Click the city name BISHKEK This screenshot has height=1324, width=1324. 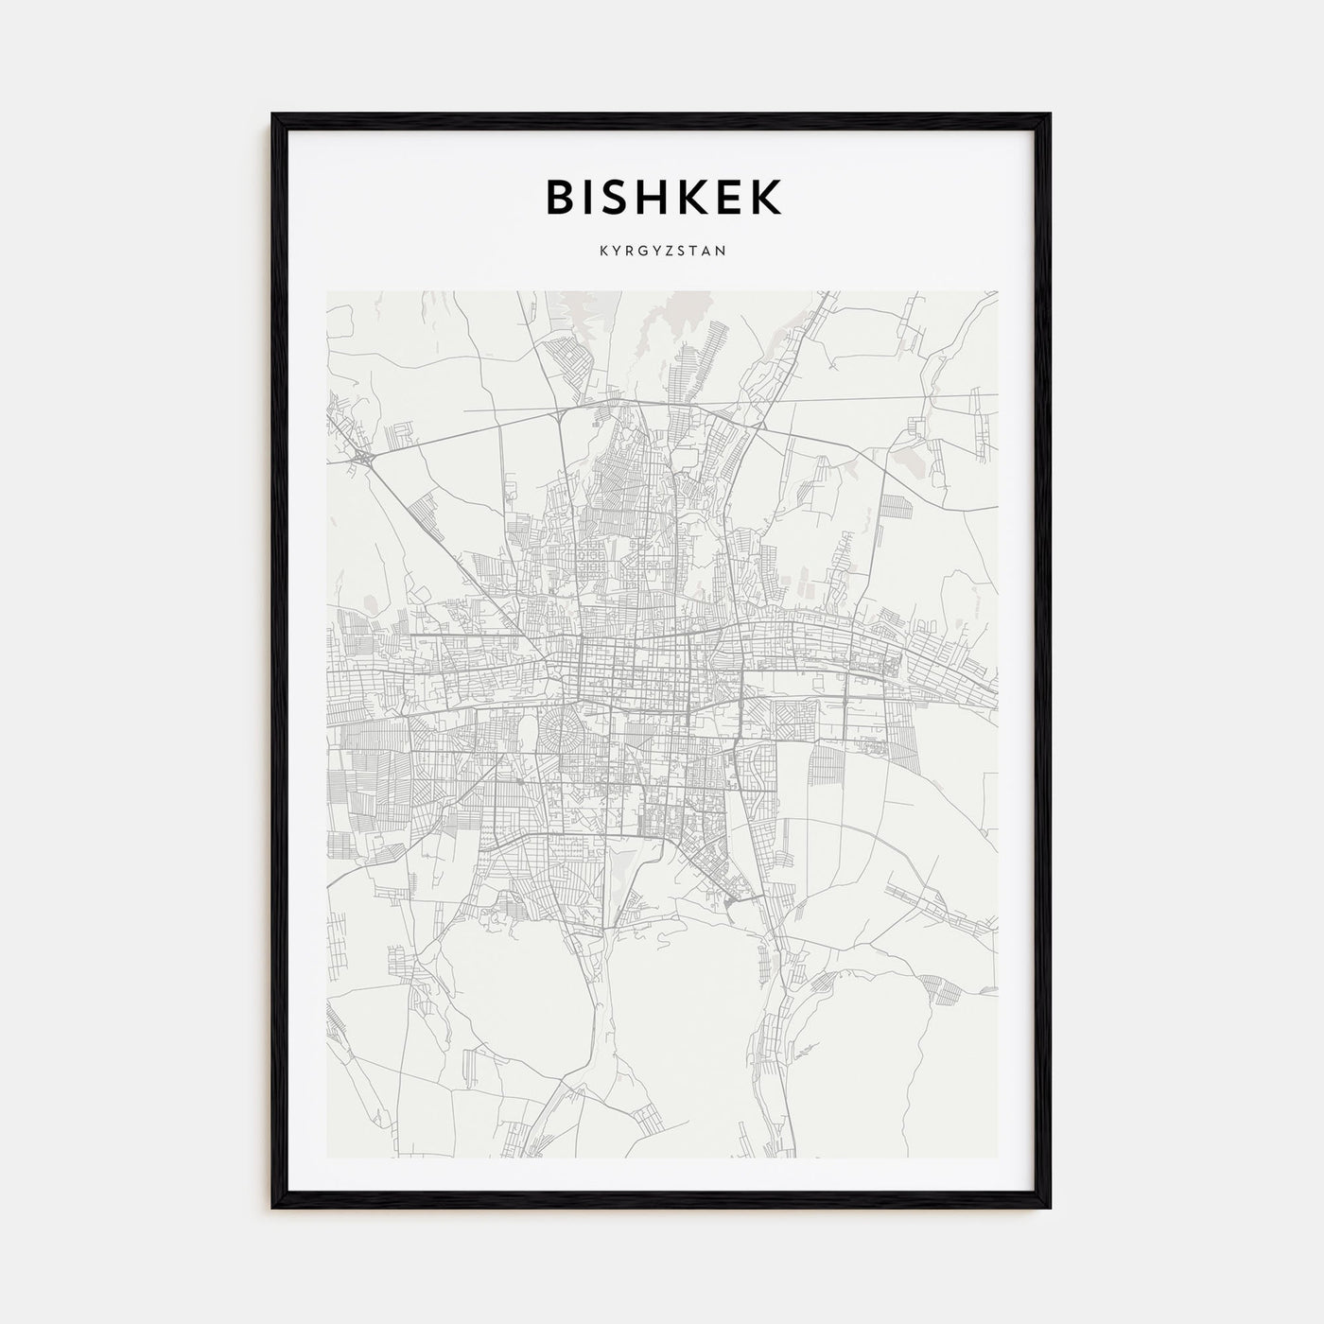pos(662,197)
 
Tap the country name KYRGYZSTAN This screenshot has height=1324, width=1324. pos(662,253)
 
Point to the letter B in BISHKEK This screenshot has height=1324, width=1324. pos(558,197)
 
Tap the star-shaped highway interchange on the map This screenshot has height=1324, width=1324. pos(363,457)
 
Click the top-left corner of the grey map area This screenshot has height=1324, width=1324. pos(327,292)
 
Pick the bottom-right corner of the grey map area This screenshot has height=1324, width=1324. pos(997,1158)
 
